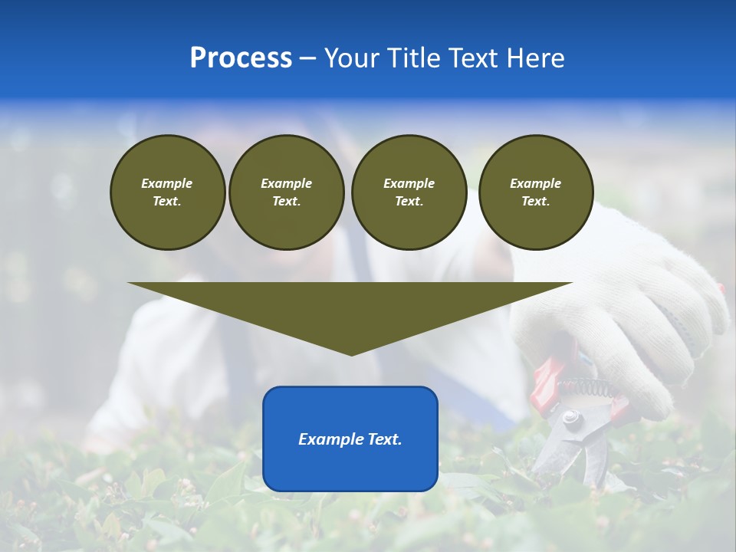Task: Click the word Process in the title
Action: tap(241, 58)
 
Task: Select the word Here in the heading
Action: tap(534, 58)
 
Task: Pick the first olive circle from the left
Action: tap(167, 192)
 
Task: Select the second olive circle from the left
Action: tap(286, 192)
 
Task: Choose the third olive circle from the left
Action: tap(409, 192)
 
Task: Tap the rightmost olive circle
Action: tap(536, 192)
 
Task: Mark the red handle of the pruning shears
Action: tap(547, 379)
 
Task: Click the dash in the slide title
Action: tap(307, 58)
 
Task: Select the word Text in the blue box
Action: tap(385, 439)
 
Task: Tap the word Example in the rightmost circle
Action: tap(536, 183)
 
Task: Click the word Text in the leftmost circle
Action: tap(167, 202)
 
